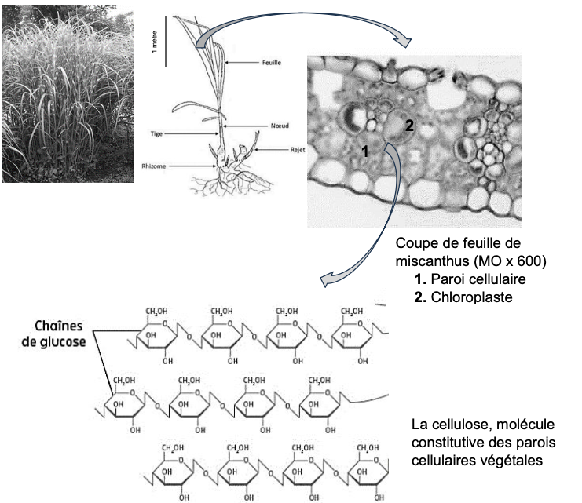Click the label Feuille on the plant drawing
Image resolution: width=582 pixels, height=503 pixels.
point(273,62)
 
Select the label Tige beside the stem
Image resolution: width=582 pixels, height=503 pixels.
point(156,133)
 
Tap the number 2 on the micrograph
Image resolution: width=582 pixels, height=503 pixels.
point(408,125)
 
